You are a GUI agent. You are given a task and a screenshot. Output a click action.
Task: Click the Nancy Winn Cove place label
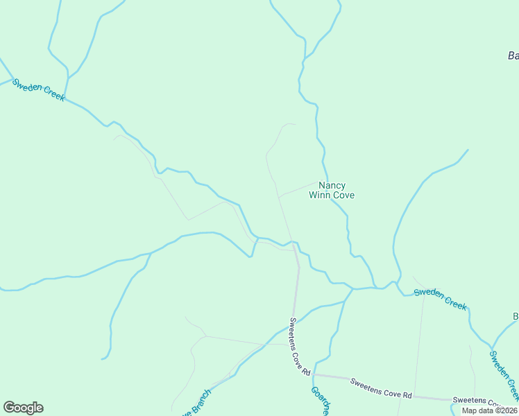332,191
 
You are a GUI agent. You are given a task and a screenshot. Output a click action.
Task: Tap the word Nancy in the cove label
332,186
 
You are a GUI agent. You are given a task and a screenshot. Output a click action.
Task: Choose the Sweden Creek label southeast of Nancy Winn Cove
441,299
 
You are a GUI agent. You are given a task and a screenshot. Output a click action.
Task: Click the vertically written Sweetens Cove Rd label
300,347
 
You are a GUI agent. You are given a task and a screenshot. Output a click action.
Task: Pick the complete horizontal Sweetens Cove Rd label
381,388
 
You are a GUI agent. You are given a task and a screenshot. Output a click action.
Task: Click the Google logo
23,408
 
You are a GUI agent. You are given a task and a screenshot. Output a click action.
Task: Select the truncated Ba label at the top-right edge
513,55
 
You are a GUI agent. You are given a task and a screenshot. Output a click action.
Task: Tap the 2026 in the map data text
507,410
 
